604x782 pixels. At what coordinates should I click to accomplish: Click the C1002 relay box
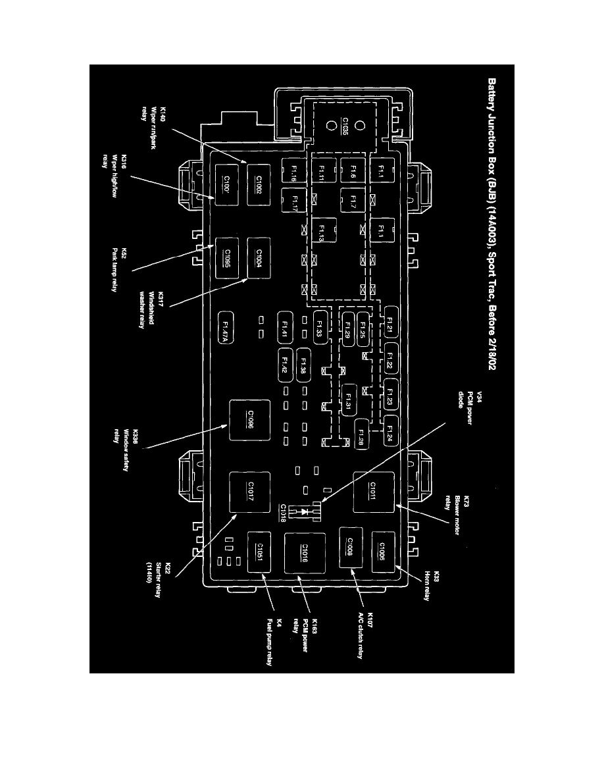(259, 180)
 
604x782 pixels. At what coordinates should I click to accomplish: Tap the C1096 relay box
(249, 419)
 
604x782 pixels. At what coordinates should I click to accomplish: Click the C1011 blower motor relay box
(373, 492)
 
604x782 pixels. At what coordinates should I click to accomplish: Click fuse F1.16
(295, 172)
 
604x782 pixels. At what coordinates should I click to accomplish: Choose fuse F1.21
(390, 321)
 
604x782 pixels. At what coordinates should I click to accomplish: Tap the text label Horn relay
(427, 580)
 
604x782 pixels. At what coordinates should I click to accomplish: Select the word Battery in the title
(491, 97)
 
